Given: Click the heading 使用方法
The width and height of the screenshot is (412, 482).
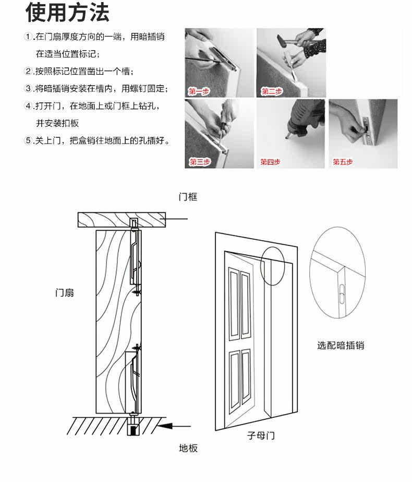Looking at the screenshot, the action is [x=67, y=13].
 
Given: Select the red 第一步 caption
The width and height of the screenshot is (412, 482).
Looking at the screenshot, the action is [x=199, y=92].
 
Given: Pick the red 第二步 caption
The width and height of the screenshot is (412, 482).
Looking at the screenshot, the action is [x=271, y=92].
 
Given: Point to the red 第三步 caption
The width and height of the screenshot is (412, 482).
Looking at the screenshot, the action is [x=199, y=162].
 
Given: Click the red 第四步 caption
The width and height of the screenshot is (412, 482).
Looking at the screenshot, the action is [x=270, y=162].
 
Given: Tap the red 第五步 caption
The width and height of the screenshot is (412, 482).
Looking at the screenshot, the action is [x=343, y=162].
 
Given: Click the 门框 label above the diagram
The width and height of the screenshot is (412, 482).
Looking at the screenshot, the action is [x=188, y=197].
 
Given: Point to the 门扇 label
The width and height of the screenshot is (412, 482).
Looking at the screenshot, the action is [x=65, y=292].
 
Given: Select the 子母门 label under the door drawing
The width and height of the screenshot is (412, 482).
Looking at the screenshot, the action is [x=261, y=435].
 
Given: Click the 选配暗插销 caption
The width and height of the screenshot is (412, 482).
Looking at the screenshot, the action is [x=341, y=346].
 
